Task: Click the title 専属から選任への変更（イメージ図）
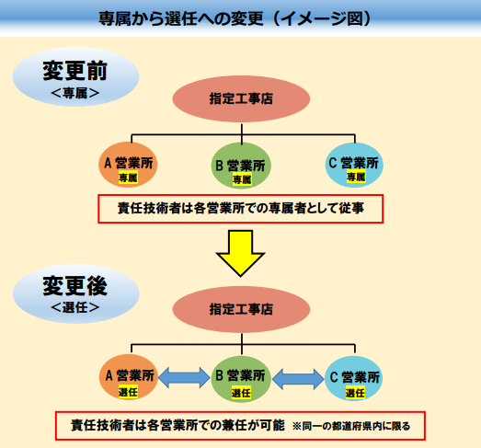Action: [x=235, y=18]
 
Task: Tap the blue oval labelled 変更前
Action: [x=75, y=76]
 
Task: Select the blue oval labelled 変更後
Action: [x=76, y=293]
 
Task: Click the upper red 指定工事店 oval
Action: [x=241, y=98]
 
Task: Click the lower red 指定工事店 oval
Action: [x=241, y=309]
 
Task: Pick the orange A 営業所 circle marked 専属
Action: [x=128, y=165]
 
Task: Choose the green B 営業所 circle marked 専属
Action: [x=241, y=166]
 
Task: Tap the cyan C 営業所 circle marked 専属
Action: [x=354, y=165]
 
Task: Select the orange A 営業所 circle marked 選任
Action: [x=129, y=377]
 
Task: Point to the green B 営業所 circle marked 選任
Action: [x=241, y=379]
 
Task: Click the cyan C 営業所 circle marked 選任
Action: [x=354, y=378]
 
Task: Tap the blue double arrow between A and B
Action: [x=184, y=378]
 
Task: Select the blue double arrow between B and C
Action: [x=298, y=379]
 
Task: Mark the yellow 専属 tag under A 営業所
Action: [x=128, y=178]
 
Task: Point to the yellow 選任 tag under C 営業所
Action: [x=355, y=393]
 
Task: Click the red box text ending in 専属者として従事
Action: [x=241, y=208]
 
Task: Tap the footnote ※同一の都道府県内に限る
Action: [x=351, y=426]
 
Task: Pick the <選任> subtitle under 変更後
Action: [x=75, y=307]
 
